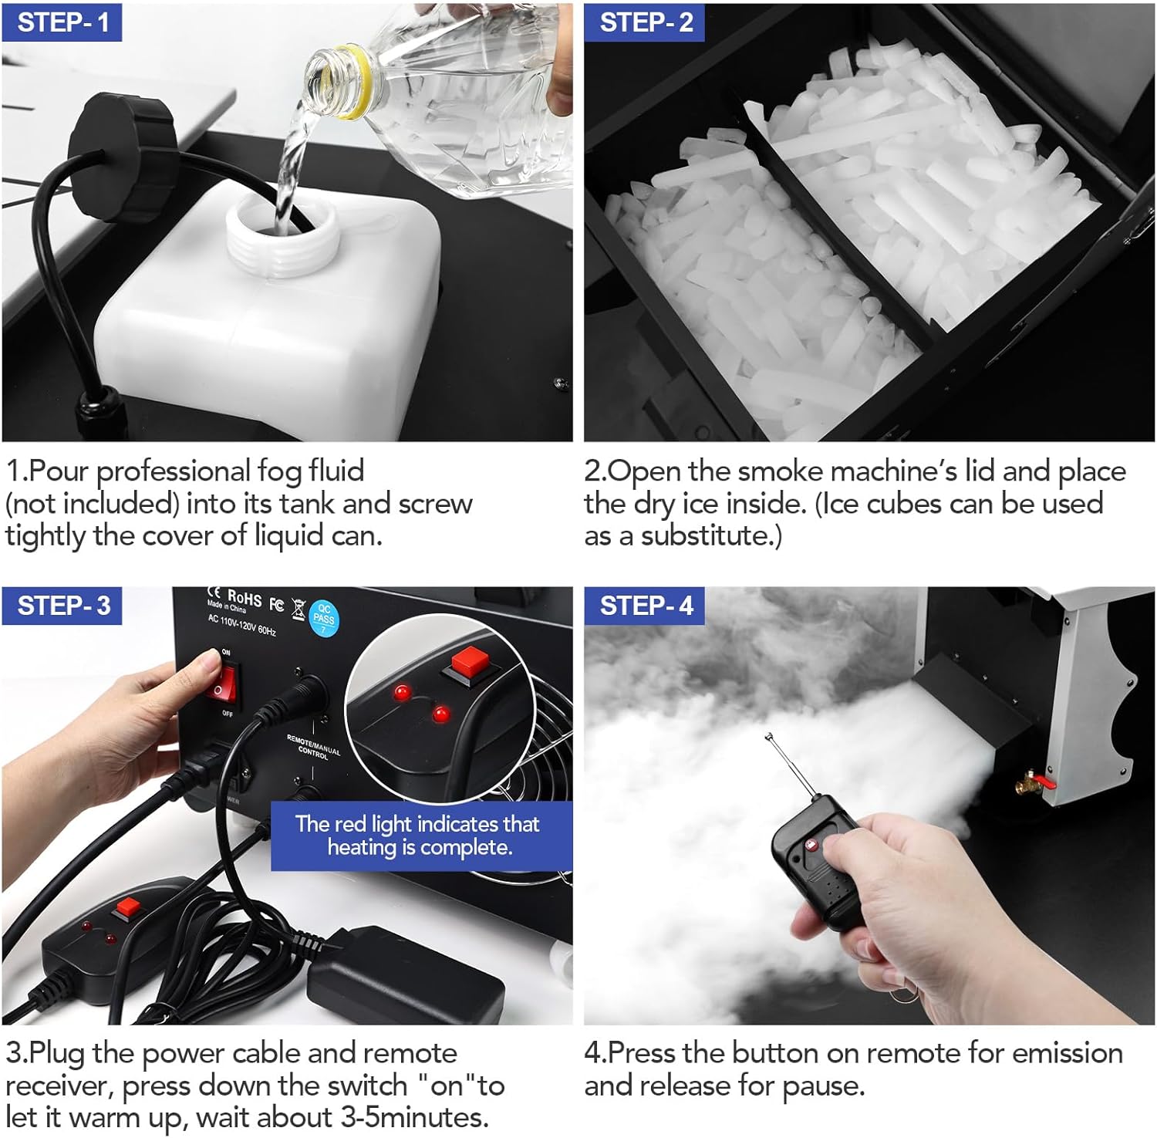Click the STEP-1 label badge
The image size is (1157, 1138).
(x=62, y=22)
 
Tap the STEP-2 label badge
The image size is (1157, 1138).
(x=644, y=22)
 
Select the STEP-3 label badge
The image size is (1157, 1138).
(x=62, y=606)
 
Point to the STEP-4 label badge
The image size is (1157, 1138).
(x=644, y=606)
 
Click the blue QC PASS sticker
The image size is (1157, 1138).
(x=324, y=619)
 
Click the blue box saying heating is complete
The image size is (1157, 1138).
(x=421, y=836)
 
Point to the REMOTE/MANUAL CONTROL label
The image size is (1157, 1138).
(x=313, y=747)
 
